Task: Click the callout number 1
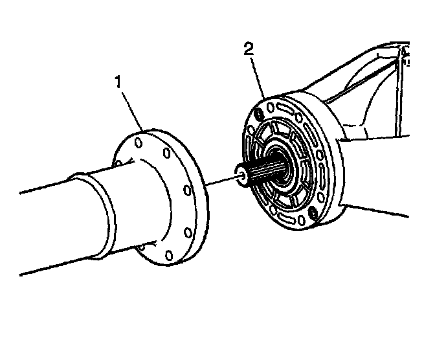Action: (118, 82)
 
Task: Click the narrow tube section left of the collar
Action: (45, 227)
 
